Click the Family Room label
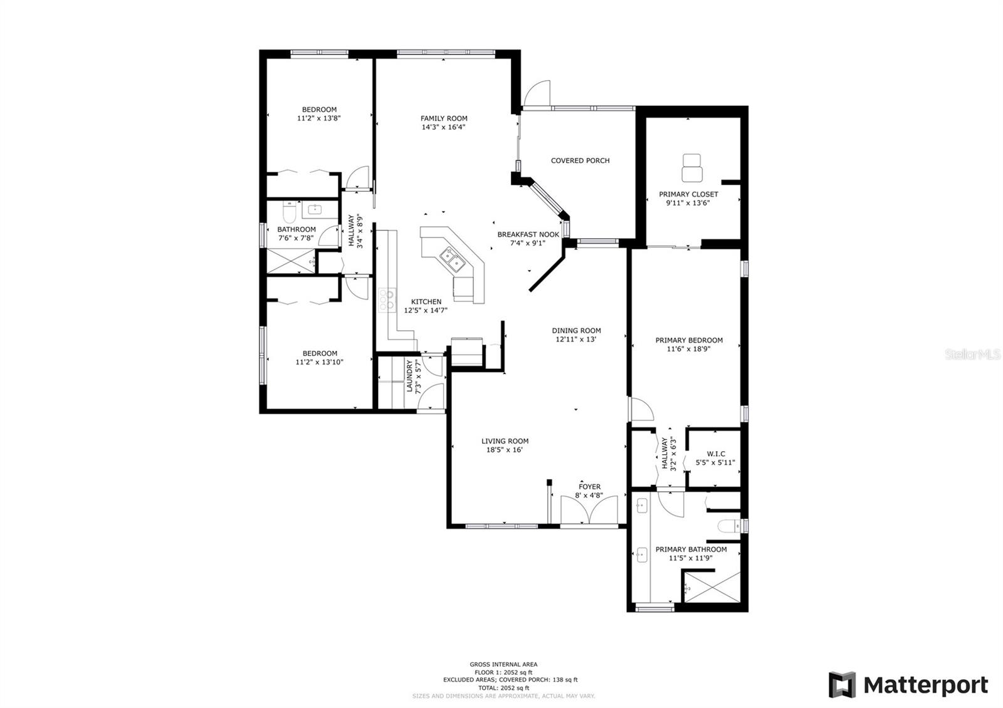pos(444,118)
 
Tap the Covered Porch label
pos(580,160)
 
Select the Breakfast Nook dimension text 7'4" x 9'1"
pos(528,244)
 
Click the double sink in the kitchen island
pos(451,261)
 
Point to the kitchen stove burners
pos(387,300)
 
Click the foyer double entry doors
pos(589,509)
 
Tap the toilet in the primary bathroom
pos(729,526)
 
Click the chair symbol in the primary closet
pos(692,167)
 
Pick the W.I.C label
pos(716,454)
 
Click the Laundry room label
pos(410,376)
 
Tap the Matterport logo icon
pos(842,685)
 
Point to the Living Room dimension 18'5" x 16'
pos(505,450)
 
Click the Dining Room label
pos(576,331)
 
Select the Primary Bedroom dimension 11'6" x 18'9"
pos(689,349)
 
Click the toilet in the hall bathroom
pos(289,212)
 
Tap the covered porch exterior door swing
pos(537,94)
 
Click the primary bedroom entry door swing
pos(641,409)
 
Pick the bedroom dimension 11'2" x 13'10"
pos(319,362)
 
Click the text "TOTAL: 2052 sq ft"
pos(504,688)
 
